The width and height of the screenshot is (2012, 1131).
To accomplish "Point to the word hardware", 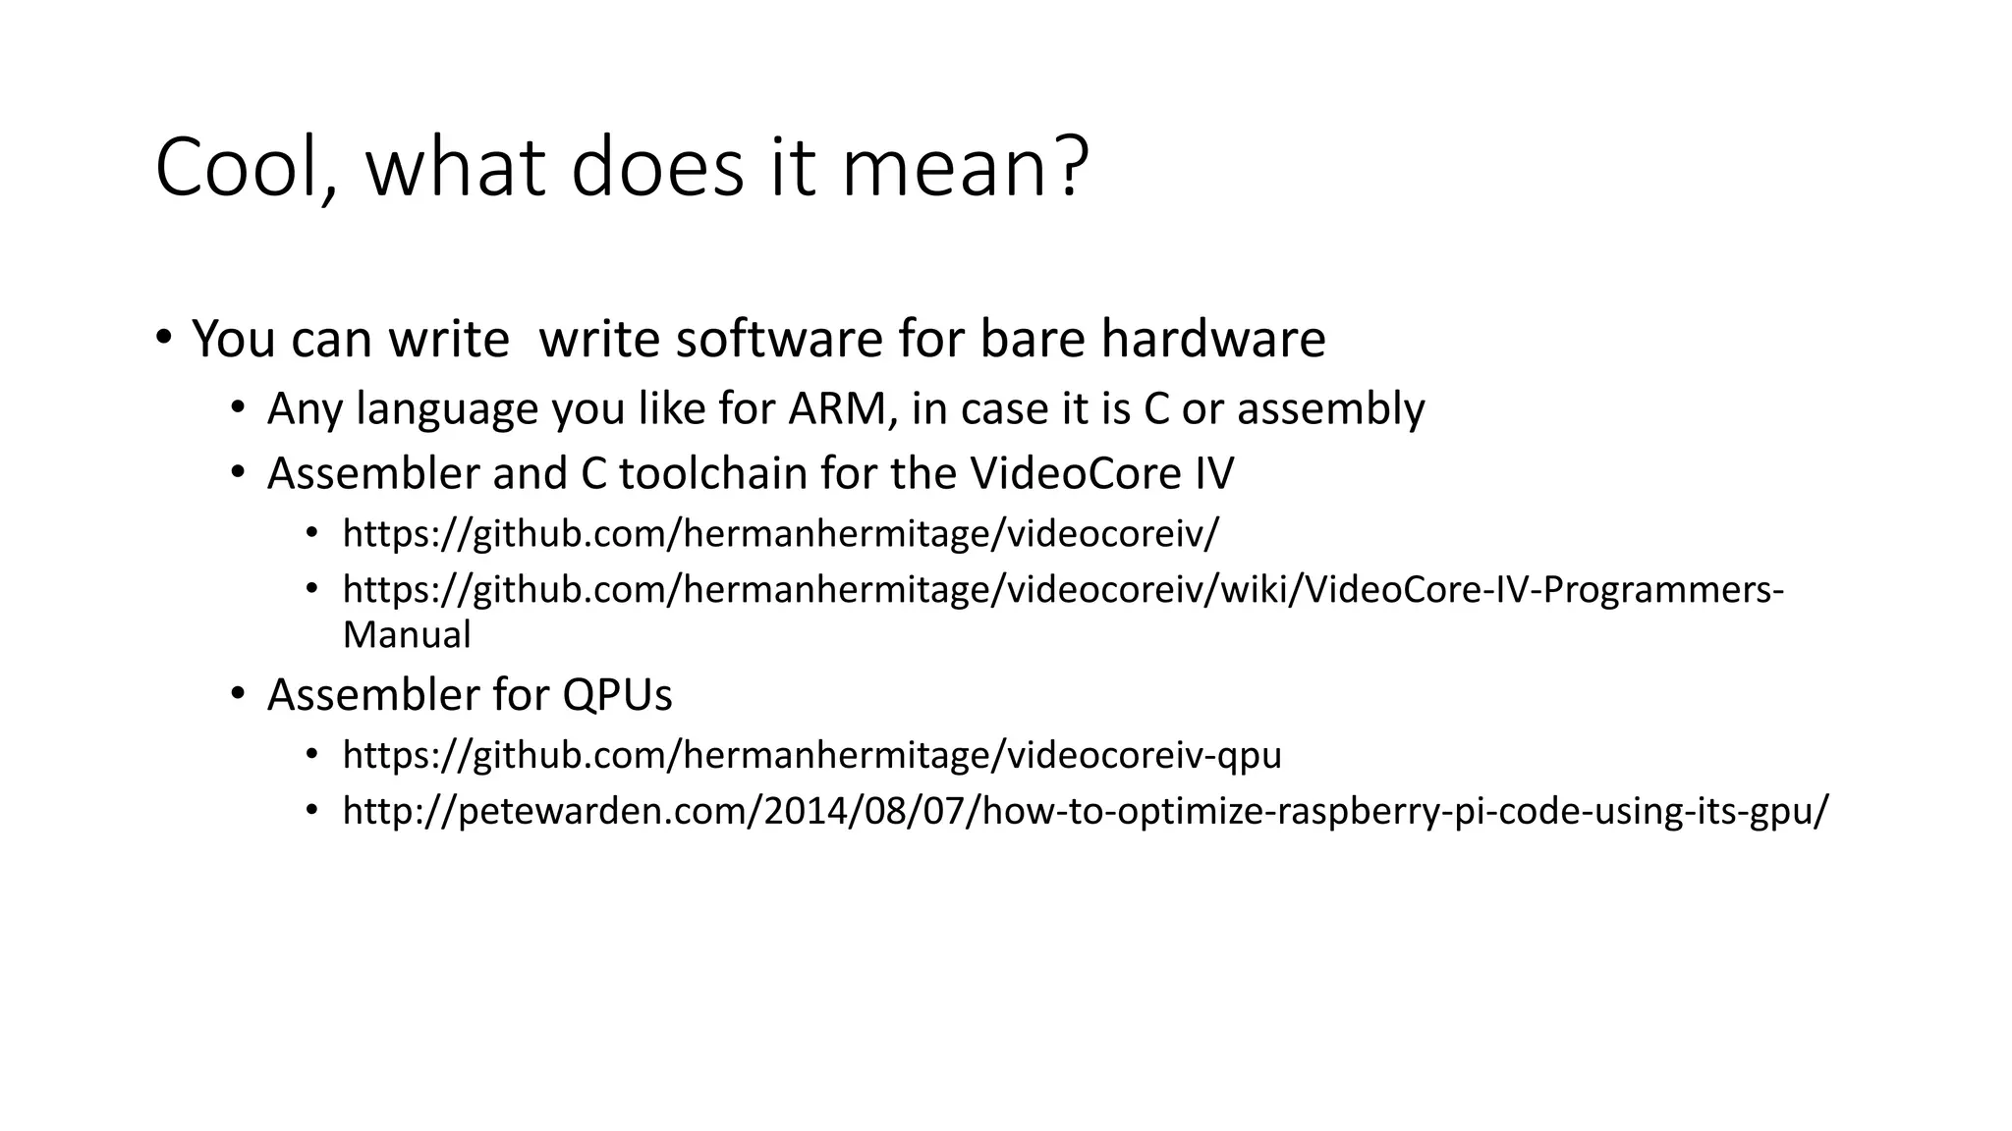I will (x=1213, y=339).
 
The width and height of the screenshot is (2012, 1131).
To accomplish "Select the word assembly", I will (x=1330, y=409).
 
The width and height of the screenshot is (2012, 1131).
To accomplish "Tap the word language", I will (x=447, y=409).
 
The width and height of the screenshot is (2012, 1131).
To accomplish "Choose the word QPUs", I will (x=617, y=695).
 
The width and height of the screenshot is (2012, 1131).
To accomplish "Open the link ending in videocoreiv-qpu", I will (x=811, y=755).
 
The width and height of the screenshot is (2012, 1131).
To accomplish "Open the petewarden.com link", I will (x=1086, y=811).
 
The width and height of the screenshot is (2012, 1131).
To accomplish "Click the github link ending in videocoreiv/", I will (x=780, y=534).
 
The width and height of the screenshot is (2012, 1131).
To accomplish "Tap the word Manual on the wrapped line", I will (x=407, y=634).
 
